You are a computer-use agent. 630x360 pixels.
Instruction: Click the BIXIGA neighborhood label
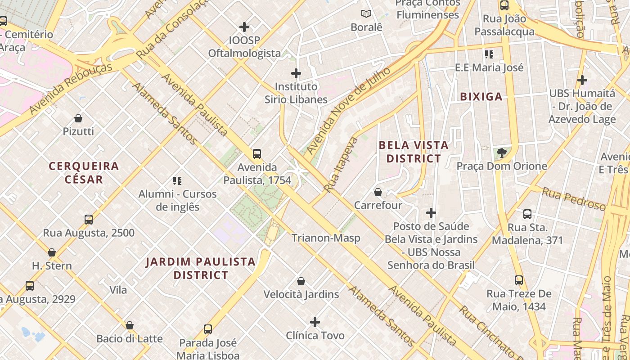[x=481, y=96]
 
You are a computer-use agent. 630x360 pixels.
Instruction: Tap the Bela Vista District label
[x=414, y=152]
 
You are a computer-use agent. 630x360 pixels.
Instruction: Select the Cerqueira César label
[x=84, y=173]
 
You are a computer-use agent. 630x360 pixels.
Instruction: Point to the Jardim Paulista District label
[x=201, y=268]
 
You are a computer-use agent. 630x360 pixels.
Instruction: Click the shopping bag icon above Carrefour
[x=378, y=192]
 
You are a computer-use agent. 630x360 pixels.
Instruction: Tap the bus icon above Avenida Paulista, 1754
[x=257, y=154]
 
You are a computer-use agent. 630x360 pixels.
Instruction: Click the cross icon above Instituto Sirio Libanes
[x=296, y=73]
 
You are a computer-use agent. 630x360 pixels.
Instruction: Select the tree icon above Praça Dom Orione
[x=502, y=153]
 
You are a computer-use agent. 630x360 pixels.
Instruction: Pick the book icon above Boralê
[x=366, y=14]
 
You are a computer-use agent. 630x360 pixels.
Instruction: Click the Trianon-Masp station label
[x=326, y=238]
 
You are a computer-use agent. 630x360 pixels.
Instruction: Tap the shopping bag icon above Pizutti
[x=78, y=118]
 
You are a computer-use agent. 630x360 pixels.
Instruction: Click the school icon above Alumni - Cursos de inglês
[x=177, y=181]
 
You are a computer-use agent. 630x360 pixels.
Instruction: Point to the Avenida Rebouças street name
[x=71, y=89]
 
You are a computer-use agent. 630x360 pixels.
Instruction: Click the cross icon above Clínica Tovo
[x=315, y=322]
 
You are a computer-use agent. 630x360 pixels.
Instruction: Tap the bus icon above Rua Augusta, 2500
[x=89, y=220]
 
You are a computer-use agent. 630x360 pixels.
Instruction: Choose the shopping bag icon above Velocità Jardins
[x=301, y=281]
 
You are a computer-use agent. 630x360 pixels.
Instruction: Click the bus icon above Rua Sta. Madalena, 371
[x=527, y=214]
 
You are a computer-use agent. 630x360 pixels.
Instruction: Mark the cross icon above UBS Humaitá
[x=582, y=80]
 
